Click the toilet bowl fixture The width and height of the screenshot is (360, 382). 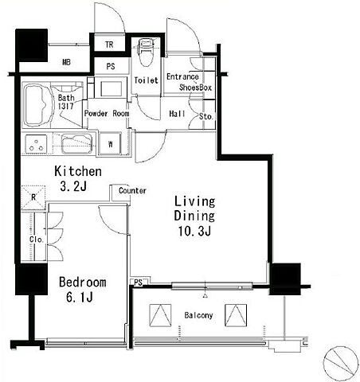point(145,53)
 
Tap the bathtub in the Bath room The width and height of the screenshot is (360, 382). point(37,105)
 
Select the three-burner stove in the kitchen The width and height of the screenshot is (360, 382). point(36,144)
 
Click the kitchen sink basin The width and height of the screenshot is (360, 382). point(76,144)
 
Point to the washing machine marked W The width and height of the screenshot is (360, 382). point(110,144)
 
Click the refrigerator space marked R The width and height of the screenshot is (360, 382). point(33,197)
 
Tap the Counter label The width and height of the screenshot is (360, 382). point(132,191)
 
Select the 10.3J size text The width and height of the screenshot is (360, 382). point(194,232)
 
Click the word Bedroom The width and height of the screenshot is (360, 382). point(83,282)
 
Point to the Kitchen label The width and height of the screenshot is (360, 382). point(78,171)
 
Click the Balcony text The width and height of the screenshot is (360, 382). point(198,315)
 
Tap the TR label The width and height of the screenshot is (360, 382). point(109,45)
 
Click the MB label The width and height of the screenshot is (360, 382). point(66,62)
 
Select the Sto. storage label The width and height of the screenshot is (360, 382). point(205,116)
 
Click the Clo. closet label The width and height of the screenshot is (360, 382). point(36,240)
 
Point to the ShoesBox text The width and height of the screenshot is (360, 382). point(195,88)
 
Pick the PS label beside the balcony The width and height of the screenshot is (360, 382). point(138,283)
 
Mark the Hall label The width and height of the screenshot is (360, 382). point(177,114)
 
